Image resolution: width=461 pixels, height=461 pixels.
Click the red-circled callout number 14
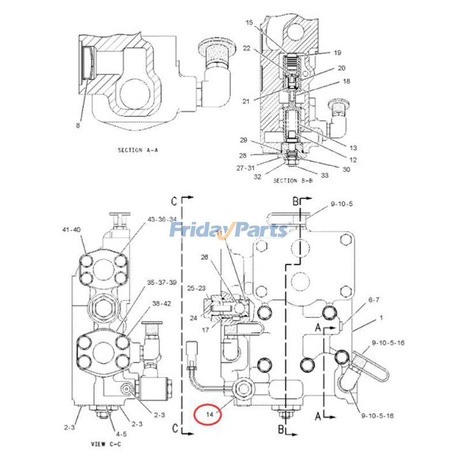(206, 414)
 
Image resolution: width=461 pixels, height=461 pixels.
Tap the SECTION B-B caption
(292, 180)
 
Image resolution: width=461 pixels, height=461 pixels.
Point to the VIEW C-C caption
(105, 444)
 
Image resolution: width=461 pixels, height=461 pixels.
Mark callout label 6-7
(373, 300)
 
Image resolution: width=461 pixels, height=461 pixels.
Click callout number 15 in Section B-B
(249, 22)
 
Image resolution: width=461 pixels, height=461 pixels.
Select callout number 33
(326, 175)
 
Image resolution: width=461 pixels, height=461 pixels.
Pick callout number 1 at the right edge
(381, 318)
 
